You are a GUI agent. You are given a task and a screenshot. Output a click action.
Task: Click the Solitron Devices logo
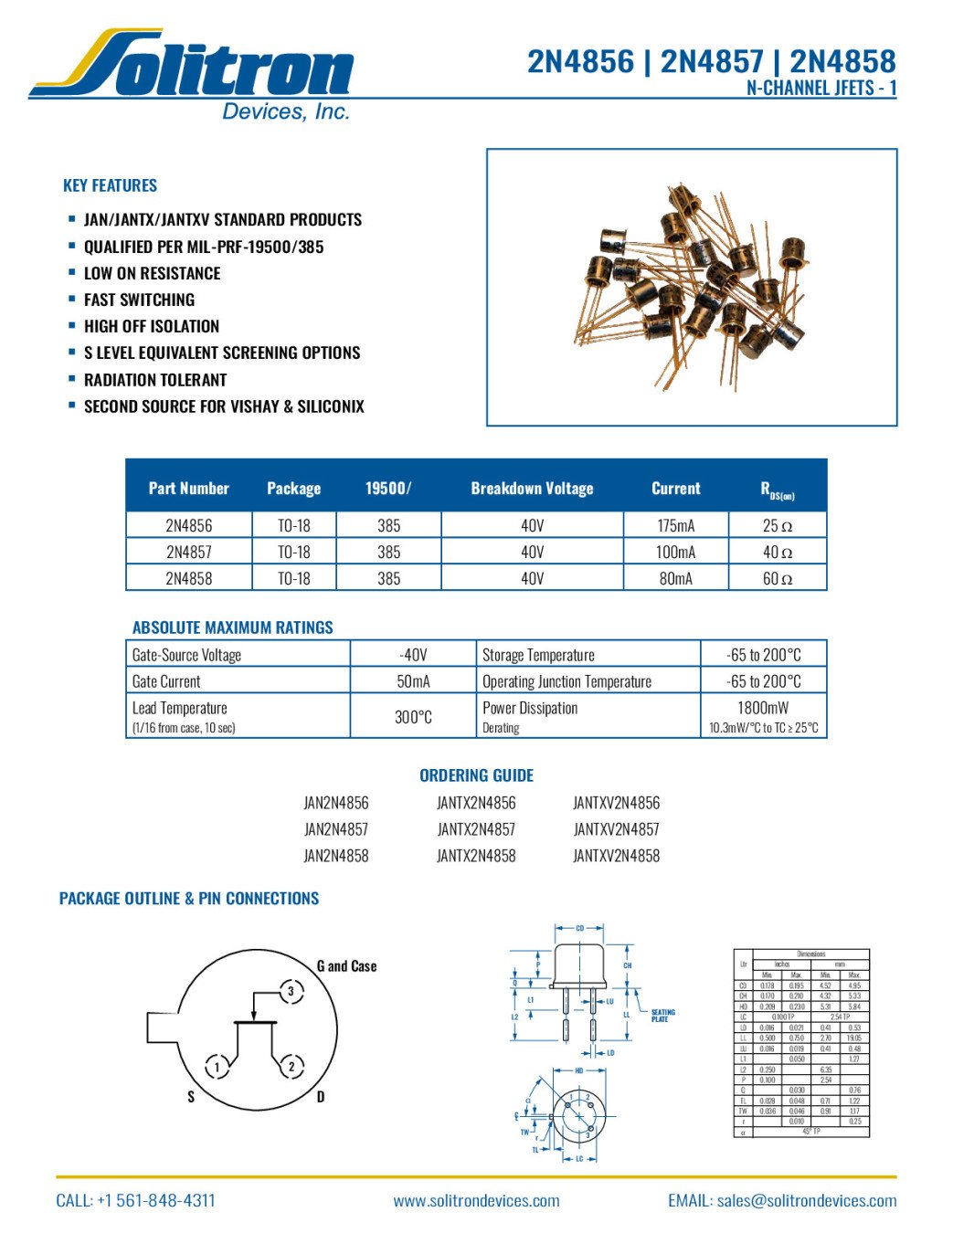[192, 73]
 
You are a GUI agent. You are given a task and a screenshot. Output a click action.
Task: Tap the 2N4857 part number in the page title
[711, 62]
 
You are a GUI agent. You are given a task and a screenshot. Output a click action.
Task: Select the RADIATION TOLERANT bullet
[155, 380]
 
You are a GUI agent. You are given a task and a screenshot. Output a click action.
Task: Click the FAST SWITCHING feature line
[139, 300]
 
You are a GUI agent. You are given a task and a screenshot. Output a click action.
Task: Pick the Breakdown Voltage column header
[532, 489]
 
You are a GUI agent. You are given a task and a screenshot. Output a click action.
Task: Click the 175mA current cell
[675, 525]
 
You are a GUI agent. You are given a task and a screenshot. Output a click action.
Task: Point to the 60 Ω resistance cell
[777, 578]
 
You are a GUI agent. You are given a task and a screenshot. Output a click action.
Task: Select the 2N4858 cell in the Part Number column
[189, 578]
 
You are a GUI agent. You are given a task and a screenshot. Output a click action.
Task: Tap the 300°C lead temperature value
[413, 717]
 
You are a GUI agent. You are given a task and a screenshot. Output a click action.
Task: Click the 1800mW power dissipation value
[763, 708]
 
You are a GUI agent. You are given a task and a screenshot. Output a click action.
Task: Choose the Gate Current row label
[166, 681]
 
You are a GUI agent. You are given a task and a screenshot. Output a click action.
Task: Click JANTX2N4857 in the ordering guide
[476, 829]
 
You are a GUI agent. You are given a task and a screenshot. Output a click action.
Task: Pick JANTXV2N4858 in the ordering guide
[616, 856]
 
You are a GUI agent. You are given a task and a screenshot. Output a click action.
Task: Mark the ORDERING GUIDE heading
[476, 775]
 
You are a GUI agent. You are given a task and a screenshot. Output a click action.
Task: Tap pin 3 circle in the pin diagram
[291, 991]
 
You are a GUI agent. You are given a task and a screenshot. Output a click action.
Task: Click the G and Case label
[346, 966]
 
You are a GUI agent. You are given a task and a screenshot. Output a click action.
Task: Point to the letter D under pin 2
[321, 1096]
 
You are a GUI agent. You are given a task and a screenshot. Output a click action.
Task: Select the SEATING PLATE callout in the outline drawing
[662, 1016]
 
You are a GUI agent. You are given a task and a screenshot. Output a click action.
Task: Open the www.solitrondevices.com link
[476, 1201]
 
